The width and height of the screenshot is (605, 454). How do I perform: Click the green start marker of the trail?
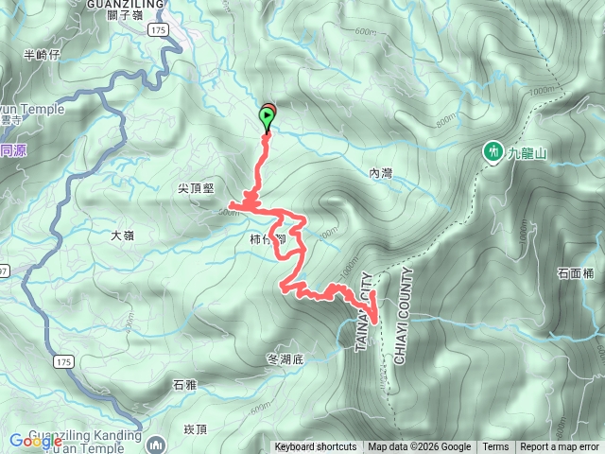click(x=267, y=118)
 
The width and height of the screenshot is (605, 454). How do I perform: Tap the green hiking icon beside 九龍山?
click(x=492, y=151)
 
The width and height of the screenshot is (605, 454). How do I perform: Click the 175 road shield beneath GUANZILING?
click(x=158, y=30)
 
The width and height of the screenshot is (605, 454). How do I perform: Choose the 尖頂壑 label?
click(x=196, y=189)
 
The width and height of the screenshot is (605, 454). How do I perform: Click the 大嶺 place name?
click(x=124, y=235)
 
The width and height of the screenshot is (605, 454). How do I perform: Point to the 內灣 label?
click(x=380, y=173)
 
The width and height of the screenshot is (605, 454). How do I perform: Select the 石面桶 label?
click(x=575, y=273)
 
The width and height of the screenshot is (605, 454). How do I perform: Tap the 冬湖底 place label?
click(x=285, y=359)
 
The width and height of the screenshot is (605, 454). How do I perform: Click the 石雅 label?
click(x=184, y=385)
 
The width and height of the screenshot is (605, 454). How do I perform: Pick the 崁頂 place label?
click(x=194, y=428)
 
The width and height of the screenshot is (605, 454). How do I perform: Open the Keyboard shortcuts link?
click(x=316, y=447)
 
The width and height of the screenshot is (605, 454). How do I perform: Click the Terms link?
click(x=495, y=447)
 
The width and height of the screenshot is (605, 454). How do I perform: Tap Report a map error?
click(x=560, y=447)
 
